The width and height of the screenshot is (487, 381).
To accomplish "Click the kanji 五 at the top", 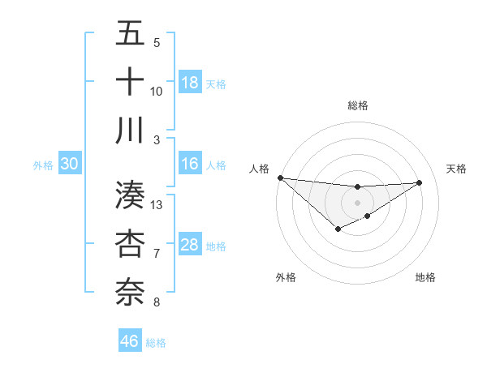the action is pos(131,35).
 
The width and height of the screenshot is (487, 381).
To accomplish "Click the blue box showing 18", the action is pos(190,82).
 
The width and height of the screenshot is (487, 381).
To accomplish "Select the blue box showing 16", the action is pos(190,164).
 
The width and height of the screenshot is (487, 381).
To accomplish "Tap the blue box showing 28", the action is pos(190,245).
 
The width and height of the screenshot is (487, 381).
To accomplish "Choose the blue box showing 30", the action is pos(69,164).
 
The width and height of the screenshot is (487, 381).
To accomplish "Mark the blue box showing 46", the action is pos(130,341).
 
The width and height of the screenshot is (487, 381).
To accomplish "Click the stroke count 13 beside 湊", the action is pos(157,205).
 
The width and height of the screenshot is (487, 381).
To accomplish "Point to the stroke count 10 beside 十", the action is pos(157,91).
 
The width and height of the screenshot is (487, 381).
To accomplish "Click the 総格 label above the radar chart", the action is pos(357,105).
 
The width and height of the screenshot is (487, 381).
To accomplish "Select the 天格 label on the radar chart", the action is pos(456,169).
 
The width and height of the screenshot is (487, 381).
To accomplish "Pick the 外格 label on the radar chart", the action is pos(286,277).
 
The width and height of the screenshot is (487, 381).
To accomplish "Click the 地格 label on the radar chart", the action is pos(425,277).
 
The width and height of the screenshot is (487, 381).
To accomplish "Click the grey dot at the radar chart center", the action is pos(357,202).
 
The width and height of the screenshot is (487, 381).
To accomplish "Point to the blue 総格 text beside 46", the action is pos(156,343).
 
